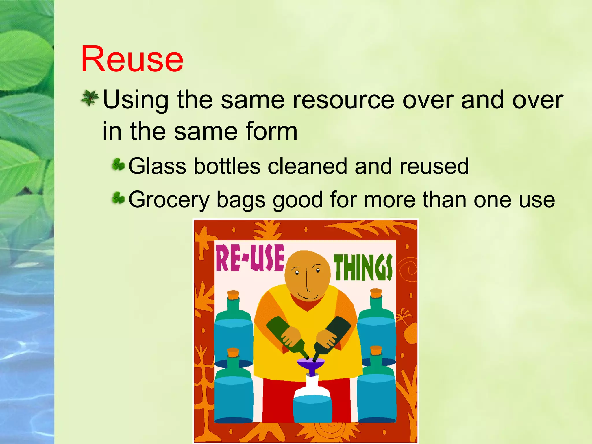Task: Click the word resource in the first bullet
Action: pos(343,100)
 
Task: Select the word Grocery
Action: pos(169,200)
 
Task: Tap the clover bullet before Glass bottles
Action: pos(118,165)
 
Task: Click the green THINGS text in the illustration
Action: pos(363,267)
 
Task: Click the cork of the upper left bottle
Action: pos(233,295)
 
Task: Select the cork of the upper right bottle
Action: pos(376,293)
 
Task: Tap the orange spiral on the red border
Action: pos(408,269)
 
